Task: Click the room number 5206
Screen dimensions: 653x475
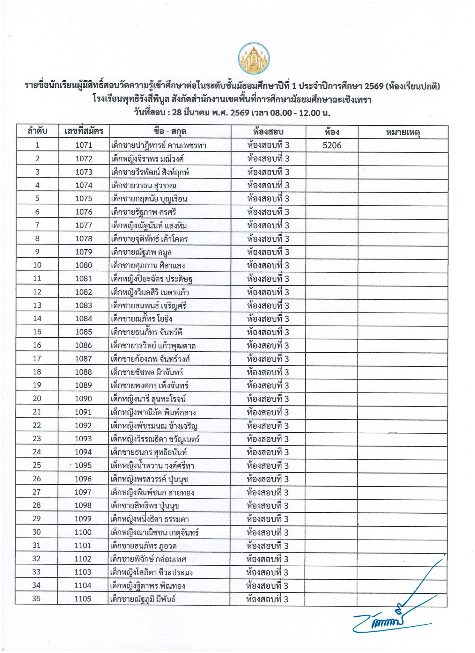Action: pyautogui.click(x=332, y=145)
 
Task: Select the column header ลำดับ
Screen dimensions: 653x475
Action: pyautogui.click(x=37, y=131)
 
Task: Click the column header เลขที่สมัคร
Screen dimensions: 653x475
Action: pyautogui.click(x=84, y=131)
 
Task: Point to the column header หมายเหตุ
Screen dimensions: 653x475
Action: pyautogui.click(x=403, y=132)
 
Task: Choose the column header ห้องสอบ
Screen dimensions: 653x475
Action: pyautogui.click(x=268, y=131)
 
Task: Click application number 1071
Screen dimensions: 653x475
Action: pyautogui.click(x=84, y=145)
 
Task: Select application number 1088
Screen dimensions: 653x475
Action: pyautogui.click(x=84, y=372)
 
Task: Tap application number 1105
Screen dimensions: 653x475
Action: pyautogui.click(x=83, y=599)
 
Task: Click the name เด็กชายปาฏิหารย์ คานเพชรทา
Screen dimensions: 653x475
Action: pyautogui.click(x=159, y=146)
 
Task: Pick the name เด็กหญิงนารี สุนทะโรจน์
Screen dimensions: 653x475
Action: pyautogui.click(x=148, y=399)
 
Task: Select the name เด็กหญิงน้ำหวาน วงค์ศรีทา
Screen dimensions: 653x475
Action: pyautogui.click(x=152, y=466)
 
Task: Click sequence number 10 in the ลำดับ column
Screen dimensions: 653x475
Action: pyautogui.click(x=37, y=265)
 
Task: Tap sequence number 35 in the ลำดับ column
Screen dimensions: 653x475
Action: pyautogui.click(x=36, y=599)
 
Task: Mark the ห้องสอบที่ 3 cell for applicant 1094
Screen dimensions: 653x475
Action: pyautogui.click(x=268, y=452)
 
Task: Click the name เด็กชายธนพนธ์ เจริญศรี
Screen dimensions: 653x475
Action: pyautogui.click(x=148, y=305)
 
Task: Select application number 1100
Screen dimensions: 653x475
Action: pyautogui.click(x=83, y=532)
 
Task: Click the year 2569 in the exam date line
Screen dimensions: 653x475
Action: pyautogui.click(x=240, y=113)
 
